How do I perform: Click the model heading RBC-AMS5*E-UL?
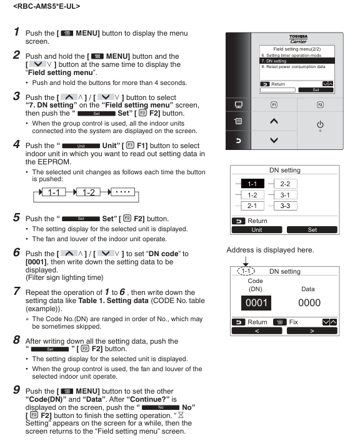tap(47, 6)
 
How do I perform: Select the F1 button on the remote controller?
tap(274, 105)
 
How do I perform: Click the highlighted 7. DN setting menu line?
tap(297, 61)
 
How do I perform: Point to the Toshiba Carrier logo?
tap(298, 39)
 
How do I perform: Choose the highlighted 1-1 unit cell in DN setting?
tap(252, 184)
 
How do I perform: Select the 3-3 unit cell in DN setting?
tap(285, 206)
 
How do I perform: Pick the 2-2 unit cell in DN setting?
tap(285, 184)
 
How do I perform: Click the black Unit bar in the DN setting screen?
tap(257, 230)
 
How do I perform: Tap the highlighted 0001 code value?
tap(256, 303)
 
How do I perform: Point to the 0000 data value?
tap(309, 303)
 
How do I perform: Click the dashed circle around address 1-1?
tap(246, 271)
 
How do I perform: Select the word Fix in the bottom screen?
tap(293, 322)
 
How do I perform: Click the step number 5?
tap(16, 217)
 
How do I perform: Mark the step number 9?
tap(16, 390)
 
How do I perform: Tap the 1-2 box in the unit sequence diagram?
tap(89, 192)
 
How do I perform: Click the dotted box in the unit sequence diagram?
tap(122, 192)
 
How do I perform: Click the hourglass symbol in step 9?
tap(181, 415)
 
